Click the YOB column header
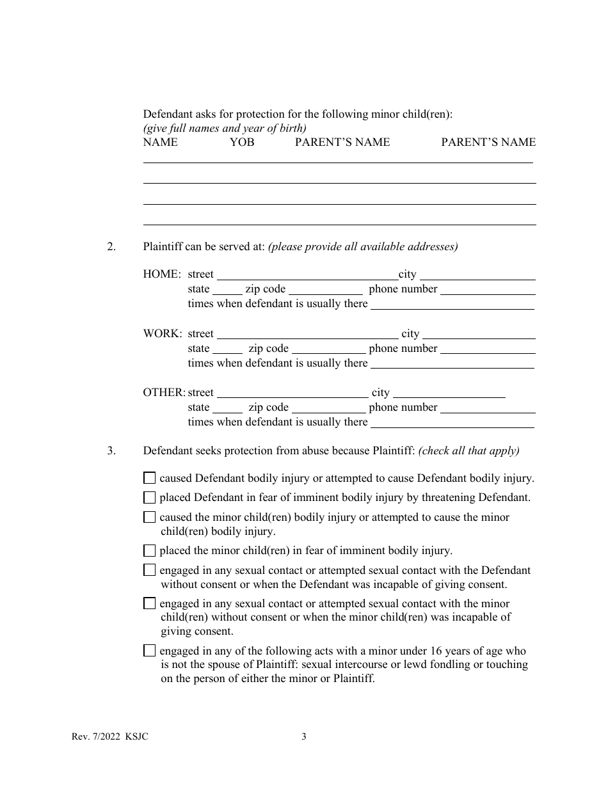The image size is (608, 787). point(242,142)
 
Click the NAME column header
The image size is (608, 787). point(161,142)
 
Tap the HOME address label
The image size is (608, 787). point(162,274)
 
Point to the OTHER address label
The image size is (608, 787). point(164,393)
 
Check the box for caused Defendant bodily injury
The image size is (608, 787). point(150,478)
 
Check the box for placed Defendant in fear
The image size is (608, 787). point(150,497)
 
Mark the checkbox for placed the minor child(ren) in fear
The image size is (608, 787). point(150,550)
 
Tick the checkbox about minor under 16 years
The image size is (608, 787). point(150,651)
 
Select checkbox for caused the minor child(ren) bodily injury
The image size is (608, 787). point(150,517)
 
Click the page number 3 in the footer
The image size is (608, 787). point(304,736)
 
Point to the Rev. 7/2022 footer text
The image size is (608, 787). point(109,736)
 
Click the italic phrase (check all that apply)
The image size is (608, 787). point(468,451)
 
